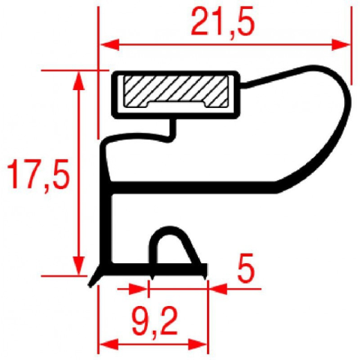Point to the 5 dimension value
pos(245,268)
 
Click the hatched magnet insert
pos(176,91)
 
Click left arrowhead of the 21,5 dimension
pos(109,45)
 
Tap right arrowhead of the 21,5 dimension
pos(340,45)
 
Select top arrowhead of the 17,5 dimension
pos(79,80)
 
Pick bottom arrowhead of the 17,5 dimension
pos(79,266)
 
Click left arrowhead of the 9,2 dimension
pos(109,344)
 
